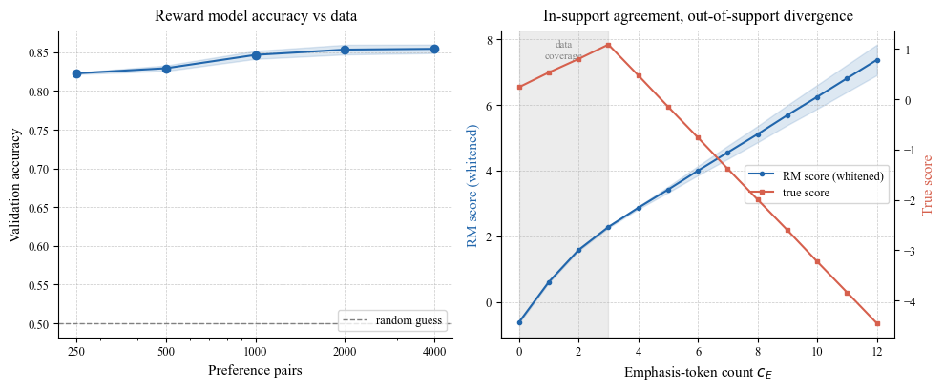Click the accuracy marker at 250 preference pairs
tap(76, 73)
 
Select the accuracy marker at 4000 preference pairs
tap(434, 49)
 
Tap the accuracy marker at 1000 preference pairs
tap(256, 55)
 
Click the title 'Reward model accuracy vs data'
tap(256, 16)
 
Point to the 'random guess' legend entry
tap(394, 320)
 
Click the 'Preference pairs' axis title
tap(255, 370)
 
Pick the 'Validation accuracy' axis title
tap(15, 184)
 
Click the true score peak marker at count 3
tap(609, 45)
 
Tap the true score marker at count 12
tap(877, 324)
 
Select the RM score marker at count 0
tap(519, 322)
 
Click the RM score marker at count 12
tap(877, 60)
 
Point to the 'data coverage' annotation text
tap(563, 51)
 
